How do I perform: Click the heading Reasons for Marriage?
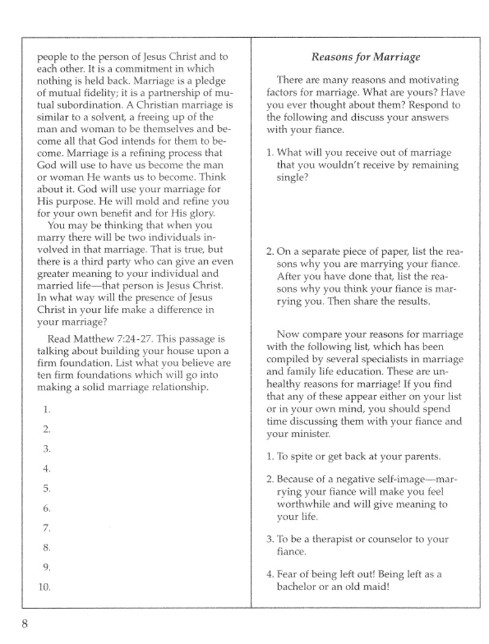click(x=366, y=57)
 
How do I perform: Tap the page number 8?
click(x=24, y=623)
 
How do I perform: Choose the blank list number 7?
click(x=46, y=528)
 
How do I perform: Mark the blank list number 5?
click(x=46, y=488)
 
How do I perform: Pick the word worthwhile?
click(x=303, y=504)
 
